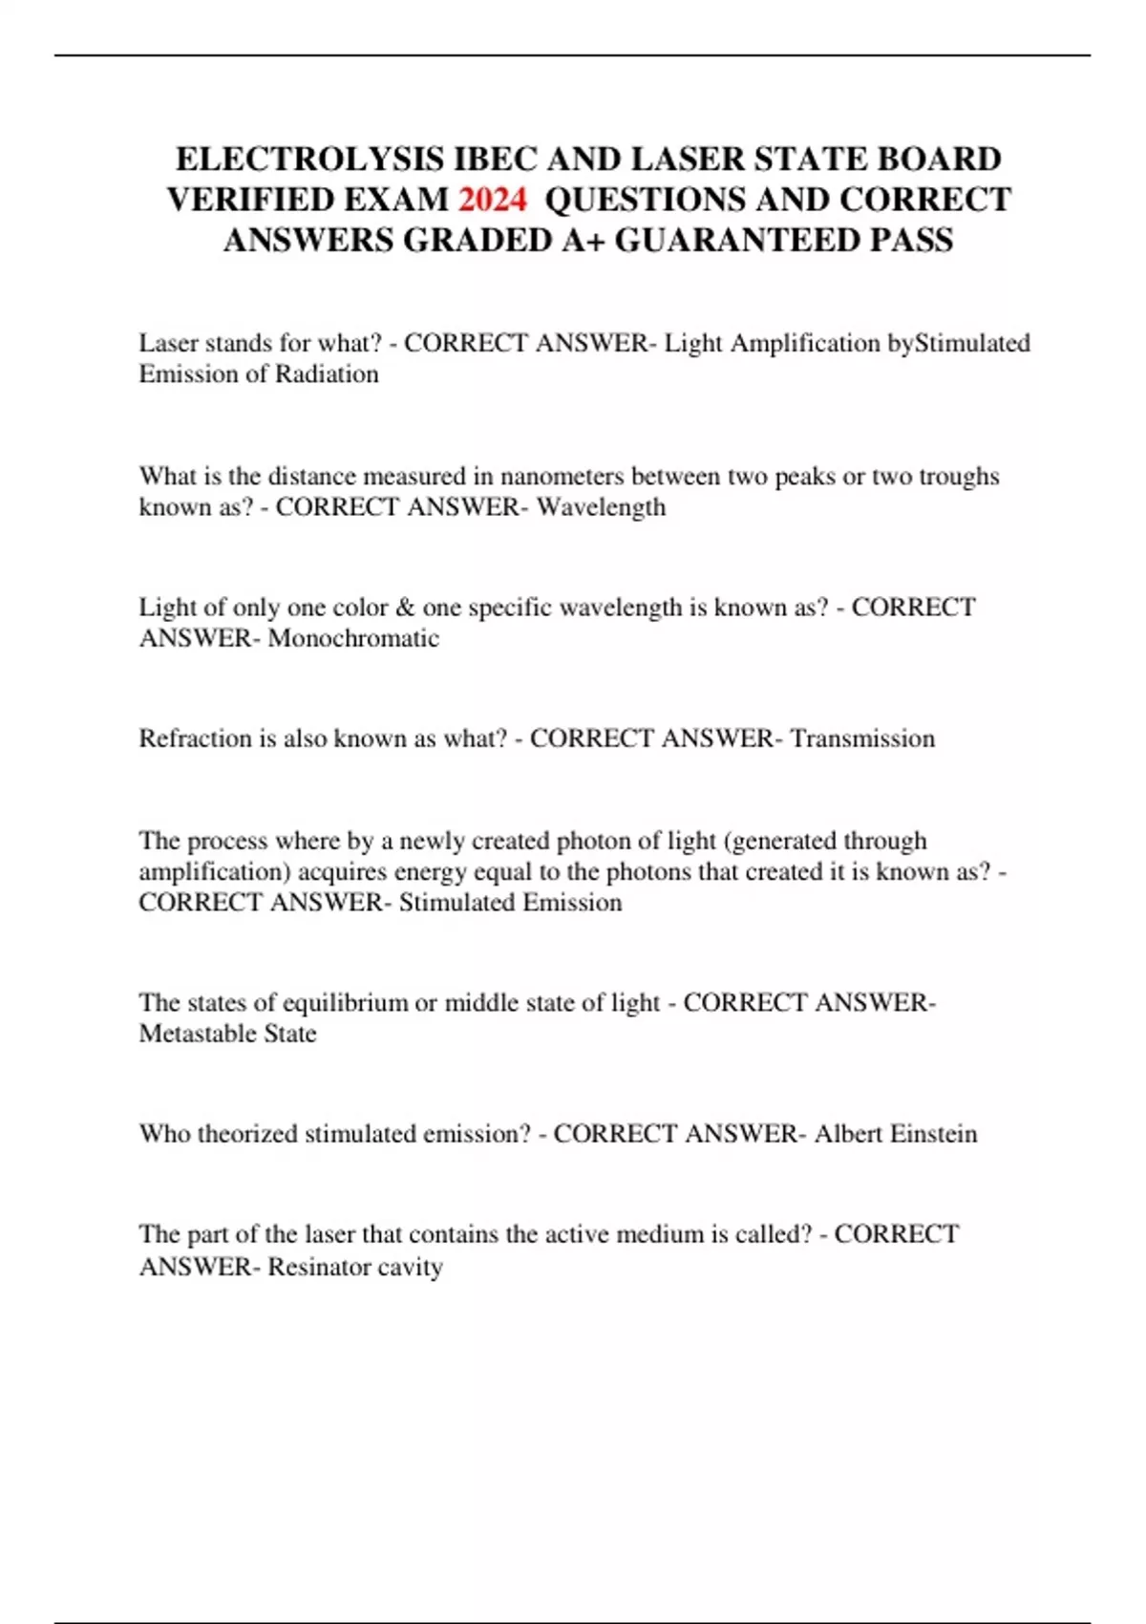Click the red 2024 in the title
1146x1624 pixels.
click(492, 199)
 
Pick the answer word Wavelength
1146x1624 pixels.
click(601, 506)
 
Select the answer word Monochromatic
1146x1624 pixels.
click(353, 638)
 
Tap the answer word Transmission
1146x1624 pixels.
click(862, 738)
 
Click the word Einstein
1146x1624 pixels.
click(934, 1134)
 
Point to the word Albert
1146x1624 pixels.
click(848, 1134)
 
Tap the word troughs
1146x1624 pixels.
click(959, 476)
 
